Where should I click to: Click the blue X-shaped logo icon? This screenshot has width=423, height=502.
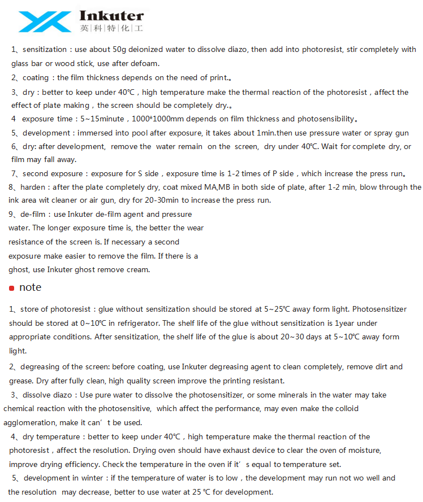(x=45, y=21)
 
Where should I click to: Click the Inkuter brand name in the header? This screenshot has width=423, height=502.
(x=111, y=15)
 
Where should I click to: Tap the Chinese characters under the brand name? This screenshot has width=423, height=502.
(x=111, y=28)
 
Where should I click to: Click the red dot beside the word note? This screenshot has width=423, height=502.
(x=11, y=288)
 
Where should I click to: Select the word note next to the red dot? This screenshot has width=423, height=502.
(x=30, y=287)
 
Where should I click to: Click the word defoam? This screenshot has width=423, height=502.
(x=146, y=63)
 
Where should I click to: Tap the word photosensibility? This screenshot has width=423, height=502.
(x=325, y=119)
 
